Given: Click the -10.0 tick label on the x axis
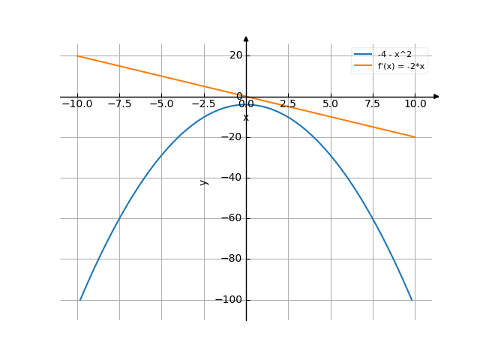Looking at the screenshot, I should pyautogui.click(x=77, y=103).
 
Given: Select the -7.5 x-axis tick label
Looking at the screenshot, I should pyautogui.click(x=119, y=103).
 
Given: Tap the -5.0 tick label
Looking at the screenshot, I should pyautogui.click(x=161, y=103).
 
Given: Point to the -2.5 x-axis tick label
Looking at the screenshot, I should pyautogui.click(x=203, y=103).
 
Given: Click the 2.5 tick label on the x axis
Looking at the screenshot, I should pyautogui.click(x=288, y=103).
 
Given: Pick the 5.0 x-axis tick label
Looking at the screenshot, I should pyautogui.click(x=330, y=103).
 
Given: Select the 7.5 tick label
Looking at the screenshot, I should pyautogui.click(x=372, y=103).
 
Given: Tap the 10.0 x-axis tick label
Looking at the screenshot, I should pyautogui.click(x=415, y=103).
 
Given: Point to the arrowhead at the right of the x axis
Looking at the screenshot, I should pyautogui.click(x=436, y=97).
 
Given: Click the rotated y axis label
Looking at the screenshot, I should pyautogui.click(x=203, y=182).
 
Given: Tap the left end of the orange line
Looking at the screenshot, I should pyautogui.click(x=77, y=56).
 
